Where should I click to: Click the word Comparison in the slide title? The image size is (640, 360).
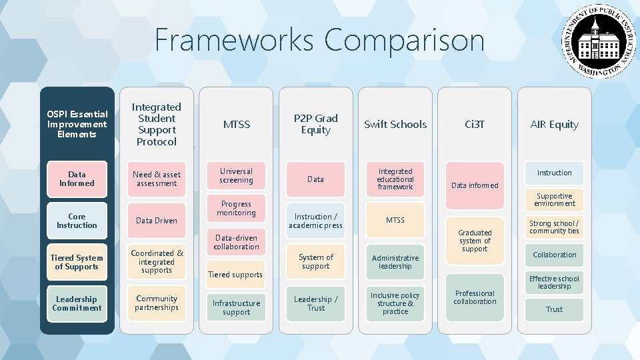coord(405,40)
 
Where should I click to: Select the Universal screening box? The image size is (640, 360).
coord(236,176)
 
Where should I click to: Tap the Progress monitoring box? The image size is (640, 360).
coord(236,209)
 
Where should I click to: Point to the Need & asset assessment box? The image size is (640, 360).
coord(157,179)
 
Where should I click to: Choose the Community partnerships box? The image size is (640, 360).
coord(157,303)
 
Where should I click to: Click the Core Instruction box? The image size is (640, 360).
coord(77,221)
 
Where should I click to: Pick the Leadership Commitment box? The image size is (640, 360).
coord(77,303)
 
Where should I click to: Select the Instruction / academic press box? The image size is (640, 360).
coord(315,221)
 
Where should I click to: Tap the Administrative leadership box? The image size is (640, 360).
coord(395,262)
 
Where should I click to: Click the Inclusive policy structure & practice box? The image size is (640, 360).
coord(395,303)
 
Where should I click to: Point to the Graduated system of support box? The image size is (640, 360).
coord(475,241)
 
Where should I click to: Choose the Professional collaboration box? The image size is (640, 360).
coord(475,297)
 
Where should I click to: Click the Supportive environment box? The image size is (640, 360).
coord(554,200)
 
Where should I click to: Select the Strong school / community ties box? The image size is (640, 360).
coord(554,227)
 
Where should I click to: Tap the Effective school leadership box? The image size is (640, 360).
coord(554,283)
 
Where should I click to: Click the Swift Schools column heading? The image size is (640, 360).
coord(395,125)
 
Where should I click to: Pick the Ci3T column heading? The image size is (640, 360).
coord(475,125)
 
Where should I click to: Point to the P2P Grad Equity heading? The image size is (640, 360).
coord(315,124)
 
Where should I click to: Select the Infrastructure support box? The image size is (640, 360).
coord(236,307)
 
